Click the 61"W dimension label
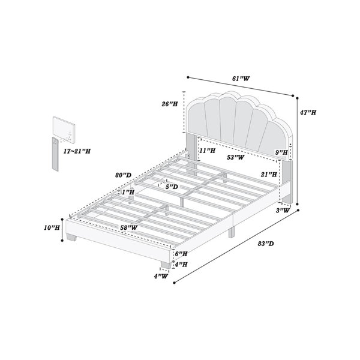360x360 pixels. tap(241, 79)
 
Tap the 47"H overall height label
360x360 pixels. tap(308, 113)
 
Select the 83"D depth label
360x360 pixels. tap(266, 244)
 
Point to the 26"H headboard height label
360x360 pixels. tap(170, 104)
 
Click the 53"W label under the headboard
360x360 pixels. tap(236, 157)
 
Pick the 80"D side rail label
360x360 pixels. tap(123, 175)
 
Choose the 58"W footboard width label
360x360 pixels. tap(129, 227)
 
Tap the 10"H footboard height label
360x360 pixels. tap(52, 227)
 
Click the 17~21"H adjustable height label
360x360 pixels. tap(77, 151)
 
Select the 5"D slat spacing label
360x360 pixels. tap(172, 187)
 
